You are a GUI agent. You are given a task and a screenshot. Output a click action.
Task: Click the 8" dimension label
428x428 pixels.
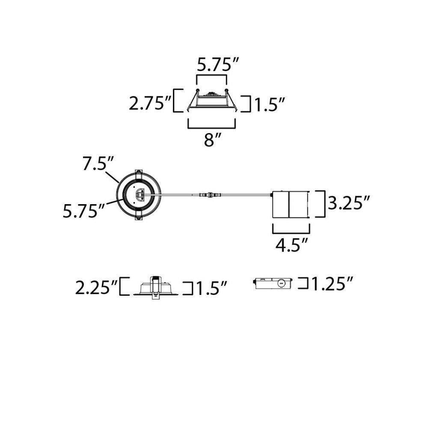[212, 140]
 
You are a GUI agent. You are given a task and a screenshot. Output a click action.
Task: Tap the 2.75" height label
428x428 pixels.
[149, 103]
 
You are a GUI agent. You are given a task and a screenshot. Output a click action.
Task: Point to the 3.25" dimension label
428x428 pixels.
[348, 202]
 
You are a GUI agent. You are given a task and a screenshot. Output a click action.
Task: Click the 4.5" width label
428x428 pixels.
[291, 244]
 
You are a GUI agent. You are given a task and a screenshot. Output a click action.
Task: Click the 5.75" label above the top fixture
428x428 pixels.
[218, 65]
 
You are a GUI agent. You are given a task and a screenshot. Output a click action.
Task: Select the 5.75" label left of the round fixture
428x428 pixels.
[84, 211]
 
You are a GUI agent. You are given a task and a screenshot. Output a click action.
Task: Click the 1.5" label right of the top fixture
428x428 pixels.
[270, 104]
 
